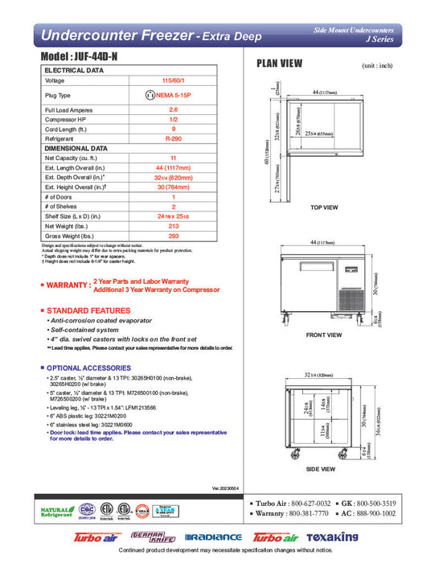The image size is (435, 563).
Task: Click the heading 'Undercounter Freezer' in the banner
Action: click(x=116, y=35)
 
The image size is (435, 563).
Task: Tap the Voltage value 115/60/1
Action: click(x=173, y=81)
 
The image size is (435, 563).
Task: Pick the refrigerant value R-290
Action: click(x=173, y=138)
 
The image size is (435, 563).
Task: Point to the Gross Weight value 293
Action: click(x=173, y=236)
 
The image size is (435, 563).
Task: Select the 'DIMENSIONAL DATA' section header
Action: click(x=76, y=148)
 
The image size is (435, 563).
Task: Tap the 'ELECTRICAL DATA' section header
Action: click(x=74, y=71)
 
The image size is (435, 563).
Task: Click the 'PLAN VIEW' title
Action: click(x=279, y=63)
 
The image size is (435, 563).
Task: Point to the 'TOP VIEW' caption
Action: click(x=324, y=207)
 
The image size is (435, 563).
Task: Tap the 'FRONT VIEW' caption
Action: click(x=324, y=335)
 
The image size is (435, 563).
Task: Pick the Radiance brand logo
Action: click(x=213, y=536)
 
